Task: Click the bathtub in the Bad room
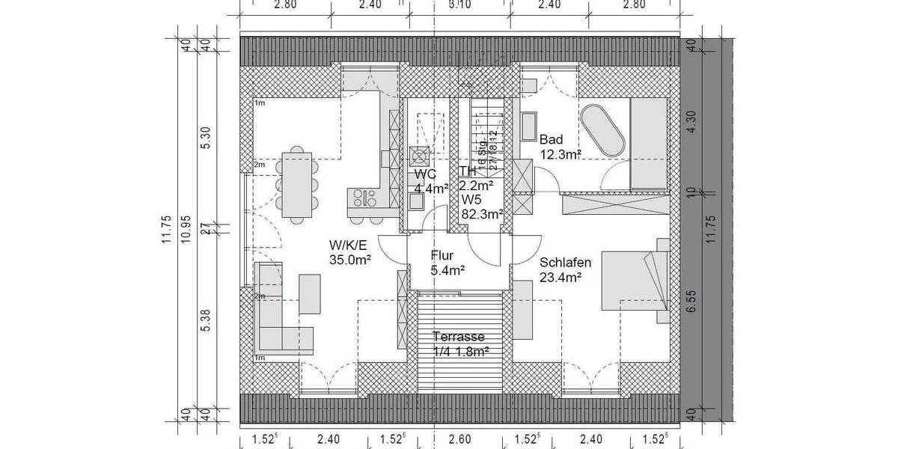point(602,131)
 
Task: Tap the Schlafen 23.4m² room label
point(565,269)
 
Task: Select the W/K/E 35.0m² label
point(351,252)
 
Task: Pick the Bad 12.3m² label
point(561,147)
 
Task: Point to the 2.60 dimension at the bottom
point(459,439)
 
